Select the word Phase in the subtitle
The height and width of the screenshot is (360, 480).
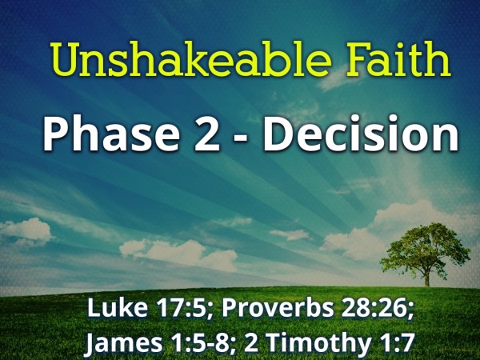(x=110, y=134)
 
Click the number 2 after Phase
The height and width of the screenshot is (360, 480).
(x=206, y=134)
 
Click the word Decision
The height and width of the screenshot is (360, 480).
(x=360, y=134)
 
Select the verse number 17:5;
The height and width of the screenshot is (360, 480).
(x=182, y=308)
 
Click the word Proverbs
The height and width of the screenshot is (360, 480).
(x=278, y=308)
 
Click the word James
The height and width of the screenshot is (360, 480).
(x=124, y=342)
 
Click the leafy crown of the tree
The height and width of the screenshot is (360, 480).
(x=426, y=246)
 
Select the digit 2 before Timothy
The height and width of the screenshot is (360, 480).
(x=251, y=342)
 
